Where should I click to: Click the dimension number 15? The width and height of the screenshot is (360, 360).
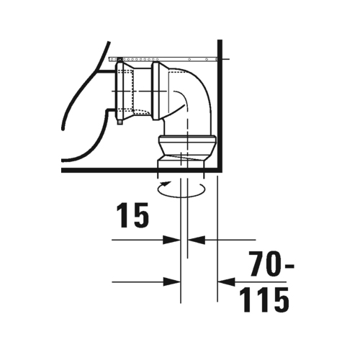pyautogui.click(x=132, y=215)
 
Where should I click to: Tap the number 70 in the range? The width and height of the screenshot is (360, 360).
pyautogui.click(x=265, y=264)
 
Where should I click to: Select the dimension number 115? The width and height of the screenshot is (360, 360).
pyautogui.click(x=264, y=300)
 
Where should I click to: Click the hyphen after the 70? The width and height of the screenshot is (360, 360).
pyautogui.click(x=289, y=266)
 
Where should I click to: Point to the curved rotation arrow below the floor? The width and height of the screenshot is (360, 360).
pyautogui.click(x=181, y=197)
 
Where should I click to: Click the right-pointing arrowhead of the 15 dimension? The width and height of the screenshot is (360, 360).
pyautogui.click(x=171, y=240)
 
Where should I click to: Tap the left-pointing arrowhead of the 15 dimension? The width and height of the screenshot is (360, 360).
pyautogui.click(x=197, y=240)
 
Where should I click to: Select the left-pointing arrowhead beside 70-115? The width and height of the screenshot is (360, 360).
pyautogui.click(x=226, y=282)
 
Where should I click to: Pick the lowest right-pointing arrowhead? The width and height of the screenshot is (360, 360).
pyautogui.click(x=171, y=282)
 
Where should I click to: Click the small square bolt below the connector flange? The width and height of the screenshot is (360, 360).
pyautogui.click(x=120, y=122)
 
